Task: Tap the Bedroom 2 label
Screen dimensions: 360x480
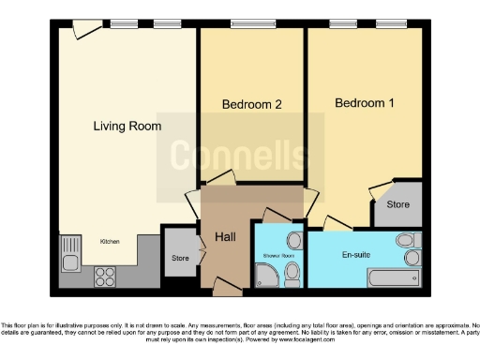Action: (251, 105)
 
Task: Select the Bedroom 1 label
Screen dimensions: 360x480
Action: (365, 102)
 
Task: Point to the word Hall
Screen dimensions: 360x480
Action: (225, 237)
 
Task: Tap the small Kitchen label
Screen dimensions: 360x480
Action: (110, 241)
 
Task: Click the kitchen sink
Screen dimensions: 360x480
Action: (69, 251)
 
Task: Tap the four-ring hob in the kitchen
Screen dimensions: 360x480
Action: (104, 277)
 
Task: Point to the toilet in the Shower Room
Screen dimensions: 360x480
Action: (292, 273)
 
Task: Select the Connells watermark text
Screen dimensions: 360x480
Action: (234, 155)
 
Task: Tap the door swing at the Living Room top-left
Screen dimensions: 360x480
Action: (83, 31)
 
